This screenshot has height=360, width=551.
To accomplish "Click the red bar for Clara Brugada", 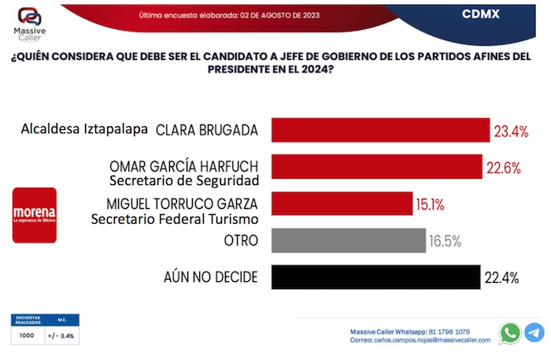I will [380, 130].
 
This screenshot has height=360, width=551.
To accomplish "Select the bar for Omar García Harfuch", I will [376, 166].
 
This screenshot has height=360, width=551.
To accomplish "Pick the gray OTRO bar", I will [348, 239].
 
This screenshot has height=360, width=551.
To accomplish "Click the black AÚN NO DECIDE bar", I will [375, 276].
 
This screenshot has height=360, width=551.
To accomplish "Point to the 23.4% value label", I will [511, 131].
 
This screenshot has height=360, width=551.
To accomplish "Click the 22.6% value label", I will [503, 167].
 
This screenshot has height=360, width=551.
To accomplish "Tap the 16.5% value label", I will [445, 240].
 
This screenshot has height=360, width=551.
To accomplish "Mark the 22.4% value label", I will [501, 277].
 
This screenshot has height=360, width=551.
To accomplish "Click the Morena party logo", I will [35, 214].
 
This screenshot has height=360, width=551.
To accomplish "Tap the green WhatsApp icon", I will [510, 333].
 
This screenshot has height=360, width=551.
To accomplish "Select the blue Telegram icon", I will [534, 333].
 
